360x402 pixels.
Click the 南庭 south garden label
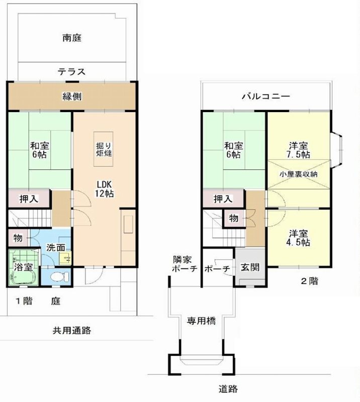click(72, 37)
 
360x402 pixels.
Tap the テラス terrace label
click(71, 71)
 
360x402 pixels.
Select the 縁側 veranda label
click(72, 96)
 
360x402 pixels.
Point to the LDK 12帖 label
click(105, 188)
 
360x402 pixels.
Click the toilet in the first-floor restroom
click(58, 276)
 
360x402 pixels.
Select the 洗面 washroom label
click(55, 247)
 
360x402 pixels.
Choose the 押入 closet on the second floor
click(223, 199)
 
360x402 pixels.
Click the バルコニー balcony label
click(265, 96)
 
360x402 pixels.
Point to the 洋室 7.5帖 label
click(299, 149)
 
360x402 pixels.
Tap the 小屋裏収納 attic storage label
click(299, 174)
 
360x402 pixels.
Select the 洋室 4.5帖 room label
click(299, 238)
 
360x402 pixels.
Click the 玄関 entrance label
click(250, 267)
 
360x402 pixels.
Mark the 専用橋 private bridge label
click(202, 321)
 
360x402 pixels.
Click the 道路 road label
click(228, 388)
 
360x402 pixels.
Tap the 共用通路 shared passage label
click(72, 330)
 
